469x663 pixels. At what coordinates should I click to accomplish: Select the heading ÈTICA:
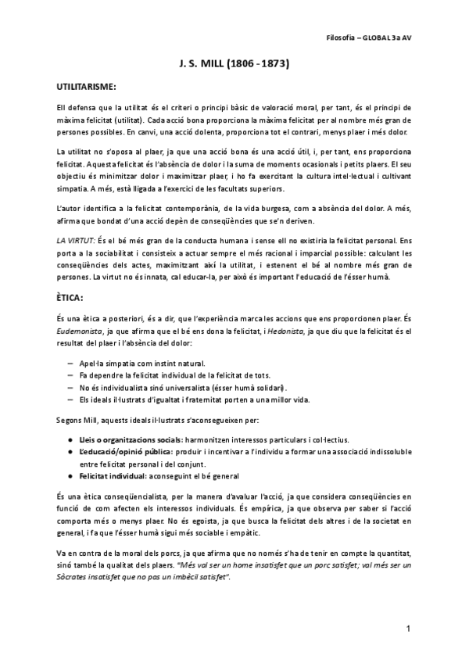[75, 298]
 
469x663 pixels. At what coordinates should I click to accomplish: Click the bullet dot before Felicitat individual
[71, 477]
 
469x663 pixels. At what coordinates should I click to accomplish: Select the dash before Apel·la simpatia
[71, 364]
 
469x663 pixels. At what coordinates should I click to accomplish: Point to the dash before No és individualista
[71, 388]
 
